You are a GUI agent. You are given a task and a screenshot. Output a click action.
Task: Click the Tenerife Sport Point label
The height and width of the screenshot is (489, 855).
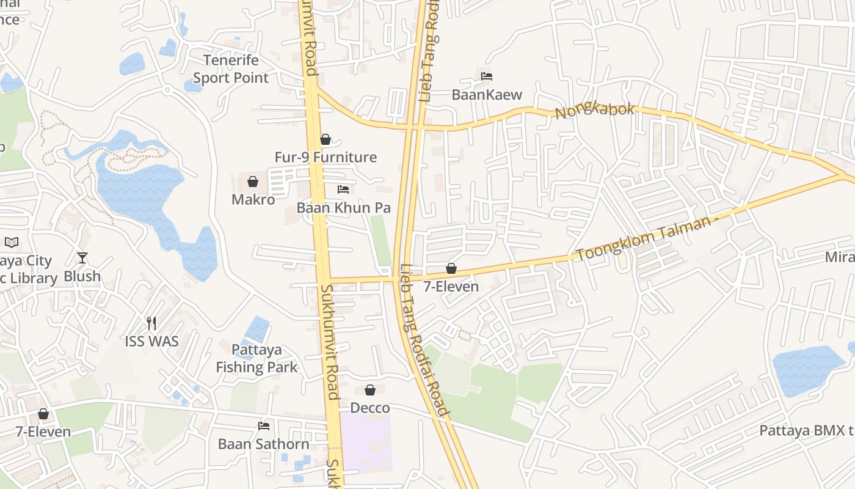click(231, 69)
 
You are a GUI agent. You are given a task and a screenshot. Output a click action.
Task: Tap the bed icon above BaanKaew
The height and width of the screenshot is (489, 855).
click(487, 76)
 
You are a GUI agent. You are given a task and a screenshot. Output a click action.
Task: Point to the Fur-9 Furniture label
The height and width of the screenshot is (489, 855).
click(326, 157)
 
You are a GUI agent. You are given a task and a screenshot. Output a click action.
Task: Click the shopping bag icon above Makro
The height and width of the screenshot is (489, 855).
click(252, 182)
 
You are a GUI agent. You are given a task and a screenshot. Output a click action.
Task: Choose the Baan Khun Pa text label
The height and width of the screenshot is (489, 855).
click(343, 208)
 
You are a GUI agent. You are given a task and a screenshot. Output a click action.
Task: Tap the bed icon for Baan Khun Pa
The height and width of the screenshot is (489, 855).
click(343, 189)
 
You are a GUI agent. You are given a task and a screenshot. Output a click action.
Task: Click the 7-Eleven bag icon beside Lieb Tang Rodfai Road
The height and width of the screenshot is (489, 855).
click(451, 268)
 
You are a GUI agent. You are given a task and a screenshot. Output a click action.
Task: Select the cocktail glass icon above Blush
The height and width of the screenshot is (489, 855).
click(82, 258)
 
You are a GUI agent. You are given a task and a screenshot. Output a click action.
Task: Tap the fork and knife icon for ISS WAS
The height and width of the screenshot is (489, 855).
click(151, 323)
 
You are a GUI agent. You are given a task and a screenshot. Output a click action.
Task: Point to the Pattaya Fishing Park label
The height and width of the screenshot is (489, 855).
click(256, 358)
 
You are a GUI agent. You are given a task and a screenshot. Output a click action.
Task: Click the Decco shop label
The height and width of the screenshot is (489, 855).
click(369, 408)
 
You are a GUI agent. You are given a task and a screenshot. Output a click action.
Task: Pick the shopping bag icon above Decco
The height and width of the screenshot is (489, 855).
click(370, 390)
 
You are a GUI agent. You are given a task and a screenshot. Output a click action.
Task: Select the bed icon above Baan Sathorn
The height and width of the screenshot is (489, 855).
click(264, 426)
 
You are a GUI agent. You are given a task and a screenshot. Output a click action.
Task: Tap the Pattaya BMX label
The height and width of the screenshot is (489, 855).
click(806, 430)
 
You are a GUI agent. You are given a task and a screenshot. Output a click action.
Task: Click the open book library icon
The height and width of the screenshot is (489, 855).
click(12, 242)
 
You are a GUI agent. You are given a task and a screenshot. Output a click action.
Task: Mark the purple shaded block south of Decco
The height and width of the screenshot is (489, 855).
click(365, 441)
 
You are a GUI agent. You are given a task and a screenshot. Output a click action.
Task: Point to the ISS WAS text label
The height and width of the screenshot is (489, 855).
click(151, 341)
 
